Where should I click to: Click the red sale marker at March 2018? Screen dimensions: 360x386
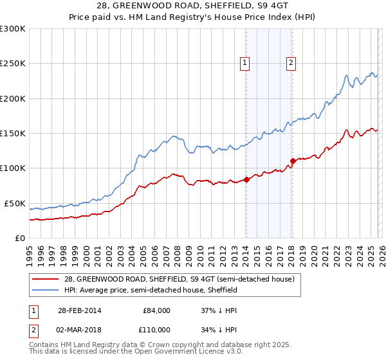(x=293, y=161)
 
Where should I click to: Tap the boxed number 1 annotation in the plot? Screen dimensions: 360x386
(x=245, y=62)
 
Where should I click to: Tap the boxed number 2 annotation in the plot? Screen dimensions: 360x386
(x=291, y=62)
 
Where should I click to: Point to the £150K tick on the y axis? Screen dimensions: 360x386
(x=13, y=134)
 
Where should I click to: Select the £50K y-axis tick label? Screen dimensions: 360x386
(x=15, y=203)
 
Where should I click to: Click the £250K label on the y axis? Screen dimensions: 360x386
(x=13, y=64)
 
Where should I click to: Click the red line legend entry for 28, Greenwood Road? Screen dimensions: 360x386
(x=179, y=279)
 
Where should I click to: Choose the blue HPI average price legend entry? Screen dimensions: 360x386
(x=151, y=291)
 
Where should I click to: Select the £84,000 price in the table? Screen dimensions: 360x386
(x=156, y=310)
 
